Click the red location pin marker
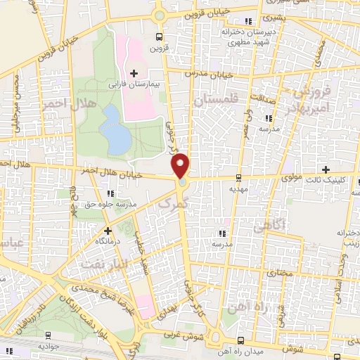(x=181, y=165)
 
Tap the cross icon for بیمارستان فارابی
(x=134, y=73)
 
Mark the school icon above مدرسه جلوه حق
(x=109, y=193)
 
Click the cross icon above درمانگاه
(x=108, y=230)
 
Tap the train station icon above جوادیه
(x=49, y=335)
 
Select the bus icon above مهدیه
(x=240, y=178)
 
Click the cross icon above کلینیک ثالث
(x=326, y=169)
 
